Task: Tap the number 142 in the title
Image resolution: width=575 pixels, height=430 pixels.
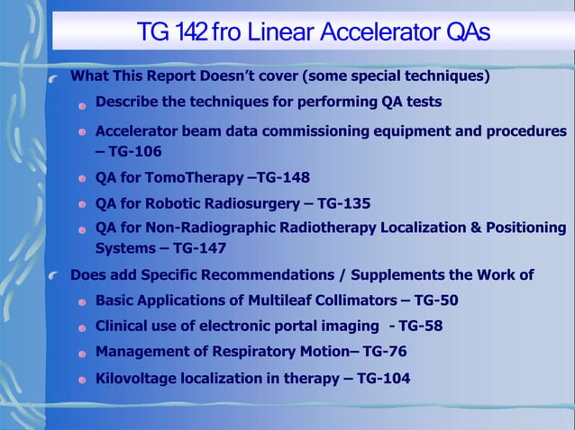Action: click(x=189, y=33)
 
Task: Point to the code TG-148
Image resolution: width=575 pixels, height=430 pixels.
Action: click(x=285, y=177)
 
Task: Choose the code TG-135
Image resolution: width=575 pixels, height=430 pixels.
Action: click(x=344, y=203)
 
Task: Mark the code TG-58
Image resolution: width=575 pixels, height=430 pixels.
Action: click(x=421, y=326)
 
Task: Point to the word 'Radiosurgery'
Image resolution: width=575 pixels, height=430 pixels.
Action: click(x=245, y=203)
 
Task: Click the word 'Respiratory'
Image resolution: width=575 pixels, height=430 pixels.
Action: click(x=236, y=351)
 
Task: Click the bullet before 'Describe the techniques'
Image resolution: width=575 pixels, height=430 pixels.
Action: click(x=82, y=104)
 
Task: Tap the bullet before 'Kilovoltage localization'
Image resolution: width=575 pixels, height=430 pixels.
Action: click(x=82, y=380)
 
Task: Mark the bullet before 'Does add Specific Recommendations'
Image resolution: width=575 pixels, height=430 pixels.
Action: click(x=56, y=275)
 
